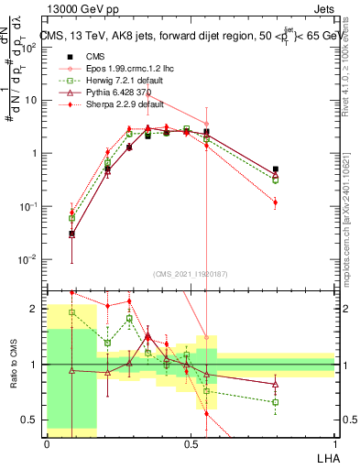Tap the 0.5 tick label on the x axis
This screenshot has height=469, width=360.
click(191, 443)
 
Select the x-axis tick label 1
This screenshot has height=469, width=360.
click(334, 443)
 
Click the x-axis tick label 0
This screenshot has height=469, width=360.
click(47, 443)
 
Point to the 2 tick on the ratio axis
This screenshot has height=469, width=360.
click(37, 309)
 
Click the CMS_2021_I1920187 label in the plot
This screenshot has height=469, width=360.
click(191, 274)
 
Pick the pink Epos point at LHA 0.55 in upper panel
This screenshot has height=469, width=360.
click(207, 124)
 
